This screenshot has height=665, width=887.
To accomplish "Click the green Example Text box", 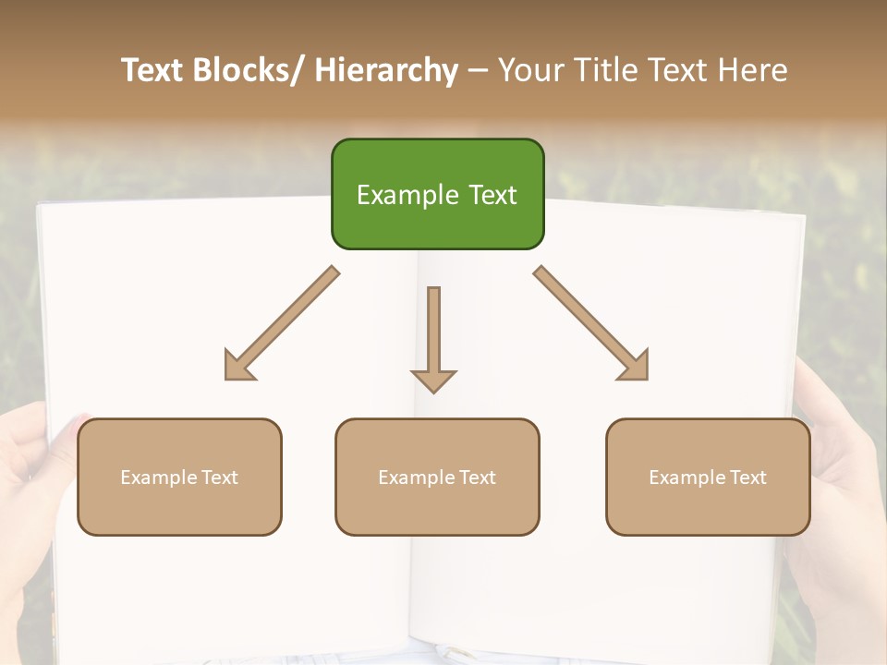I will (x=437, y=194).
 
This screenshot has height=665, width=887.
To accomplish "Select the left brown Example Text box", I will (x=179, y=477).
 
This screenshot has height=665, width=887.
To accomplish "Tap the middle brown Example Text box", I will (x=437, y=477).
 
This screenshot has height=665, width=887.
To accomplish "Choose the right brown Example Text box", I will (x=708, y=477).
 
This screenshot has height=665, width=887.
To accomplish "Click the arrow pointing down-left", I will (x=282, y=323).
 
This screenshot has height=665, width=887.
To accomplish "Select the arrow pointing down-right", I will (x=591, y=323).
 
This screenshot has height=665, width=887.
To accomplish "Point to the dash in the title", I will (x=478, y=71).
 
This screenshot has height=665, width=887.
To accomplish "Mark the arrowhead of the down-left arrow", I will (x=238, y=366).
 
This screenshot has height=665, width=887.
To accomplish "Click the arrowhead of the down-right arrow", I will (x=634, y=366).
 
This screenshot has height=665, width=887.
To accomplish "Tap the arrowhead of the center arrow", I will (x=433, y=380).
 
